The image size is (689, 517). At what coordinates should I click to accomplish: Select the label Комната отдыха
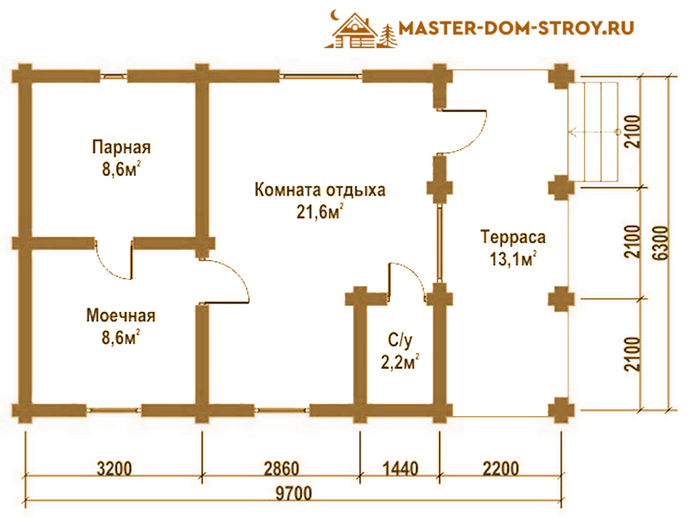pyautogui.click(x=320, y=190)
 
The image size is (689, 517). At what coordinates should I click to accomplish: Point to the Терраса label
pyautogui.click(x=513, y=236)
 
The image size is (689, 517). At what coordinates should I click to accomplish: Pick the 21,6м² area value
pyautogui.click(x=320, y=212)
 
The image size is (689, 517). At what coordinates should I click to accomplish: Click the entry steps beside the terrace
pyautogui.click(x=600, y=131)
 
